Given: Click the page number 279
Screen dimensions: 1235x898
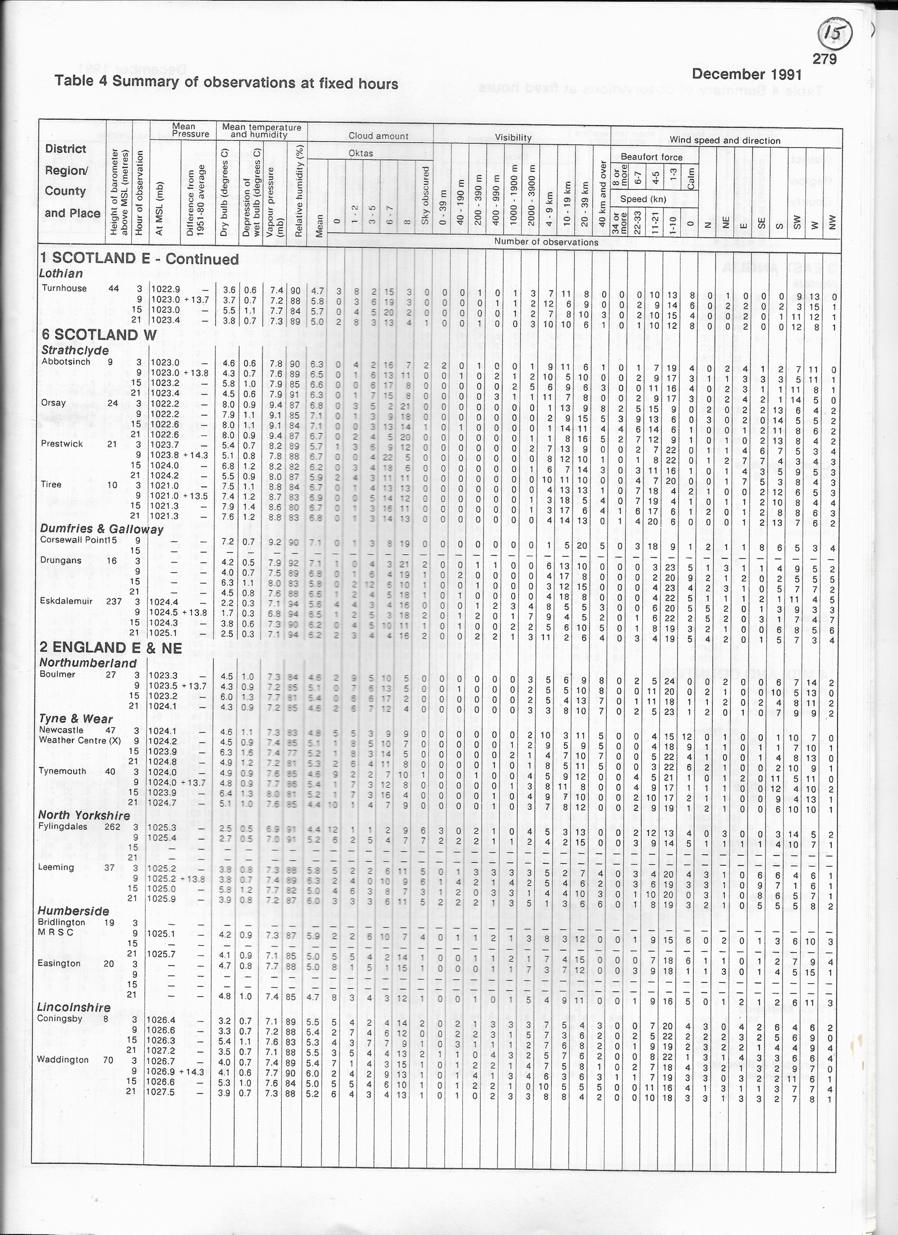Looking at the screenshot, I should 824,58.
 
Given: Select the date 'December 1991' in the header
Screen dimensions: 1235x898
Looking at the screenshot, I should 746,74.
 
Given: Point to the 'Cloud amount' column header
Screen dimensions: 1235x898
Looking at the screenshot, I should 378,136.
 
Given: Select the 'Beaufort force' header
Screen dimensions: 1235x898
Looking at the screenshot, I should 651,157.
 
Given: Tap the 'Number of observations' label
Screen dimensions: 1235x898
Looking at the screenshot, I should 546,242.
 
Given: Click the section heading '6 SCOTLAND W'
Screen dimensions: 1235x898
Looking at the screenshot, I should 99,334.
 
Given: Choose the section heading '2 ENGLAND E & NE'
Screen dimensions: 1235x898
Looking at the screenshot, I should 111,647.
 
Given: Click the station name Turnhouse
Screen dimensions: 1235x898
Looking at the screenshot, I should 64,288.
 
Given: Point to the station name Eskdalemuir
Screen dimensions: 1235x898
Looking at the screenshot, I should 66,601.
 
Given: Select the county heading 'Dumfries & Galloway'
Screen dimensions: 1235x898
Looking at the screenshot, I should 102,529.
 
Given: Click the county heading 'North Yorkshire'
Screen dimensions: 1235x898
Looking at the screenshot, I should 84,815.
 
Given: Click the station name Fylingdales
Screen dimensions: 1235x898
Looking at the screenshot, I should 63,826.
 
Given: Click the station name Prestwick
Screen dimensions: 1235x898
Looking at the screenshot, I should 62,444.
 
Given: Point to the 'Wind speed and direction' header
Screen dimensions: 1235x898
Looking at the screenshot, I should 724,140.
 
